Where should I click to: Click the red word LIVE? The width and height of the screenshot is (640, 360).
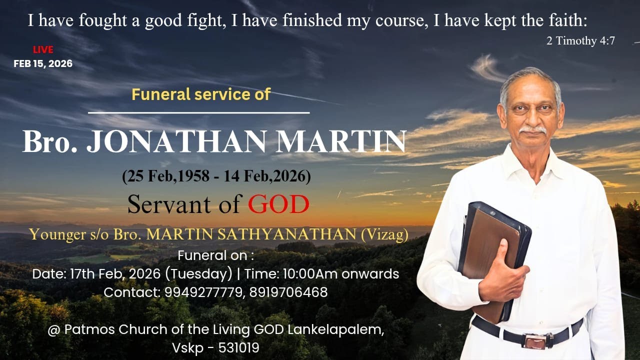43,49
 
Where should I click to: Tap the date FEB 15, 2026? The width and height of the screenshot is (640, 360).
43,63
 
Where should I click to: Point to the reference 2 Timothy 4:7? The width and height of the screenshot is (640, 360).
580,41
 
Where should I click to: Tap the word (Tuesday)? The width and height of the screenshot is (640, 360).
203,274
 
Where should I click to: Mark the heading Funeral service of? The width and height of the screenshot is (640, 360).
201,94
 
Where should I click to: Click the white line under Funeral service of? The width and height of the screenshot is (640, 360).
199,112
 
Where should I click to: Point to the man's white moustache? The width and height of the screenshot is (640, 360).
532,129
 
